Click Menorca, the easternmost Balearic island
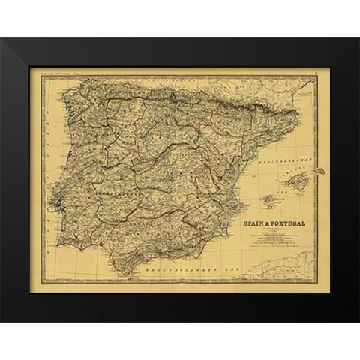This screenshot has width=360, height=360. point(318,171)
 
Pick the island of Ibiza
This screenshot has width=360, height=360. point(268,200)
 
